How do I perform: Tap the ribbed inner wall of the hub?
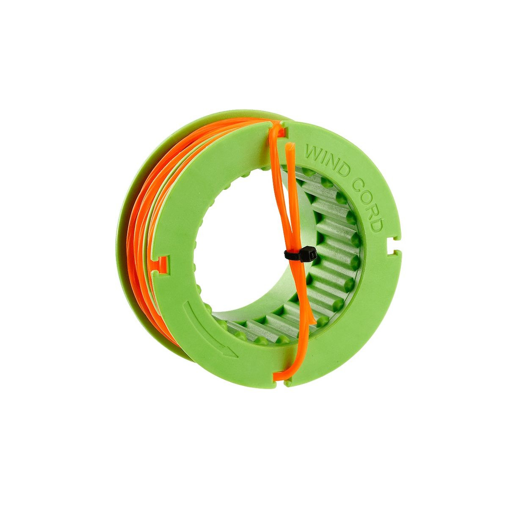tap(334, 237)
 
